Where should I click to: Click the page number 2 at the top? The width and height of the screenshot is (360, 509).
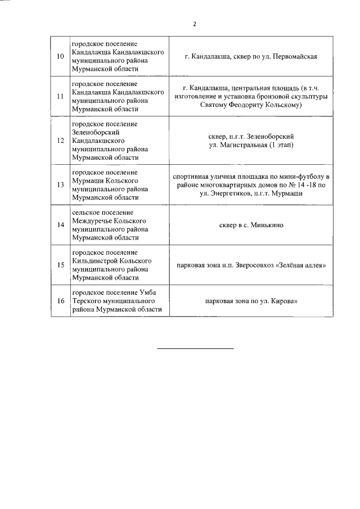click(x=195, y=24)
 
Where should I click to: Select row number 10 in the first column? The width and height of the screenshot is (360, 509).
click(x=60, y=56)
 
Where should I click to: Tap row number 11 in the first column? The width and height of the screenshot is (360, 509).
click(x=60, y=96)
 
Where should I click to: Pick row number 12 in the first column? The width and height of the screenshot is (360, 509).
click(x=60, y=140)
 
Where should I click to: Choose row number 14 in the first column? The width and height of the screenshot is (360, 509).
click(x=60, y=225)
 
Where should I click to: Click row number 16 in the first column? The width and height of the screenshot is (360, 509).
click(x=60, y=301)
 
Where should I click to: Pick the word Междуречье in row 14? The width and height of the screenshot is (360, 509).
click(x=92, y=220)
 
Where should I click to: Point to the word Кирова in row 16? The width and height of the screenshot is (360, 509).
click(x=282, y=301)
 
